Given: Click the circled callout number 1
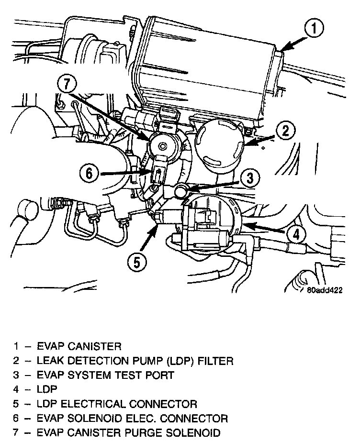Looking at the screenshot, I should [x=313, y=29].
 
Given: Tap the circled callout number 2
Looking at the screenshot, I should [x=285, y=130].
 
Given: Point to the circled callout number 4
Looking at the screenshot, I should [x=297, y=234].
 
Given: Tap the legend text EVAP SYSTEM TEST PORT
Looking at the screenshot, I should [x=106, y=375].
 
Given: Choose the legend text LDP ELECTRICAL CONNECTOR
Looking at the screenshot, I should [x=117, y=404].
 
